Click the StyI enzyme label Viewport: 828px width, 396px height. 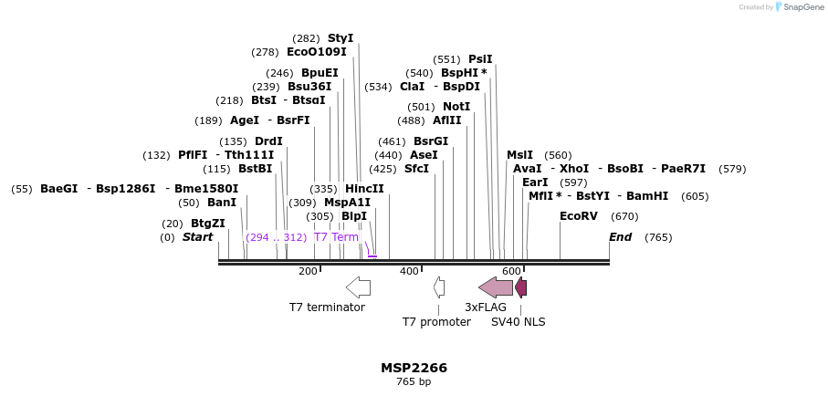340,38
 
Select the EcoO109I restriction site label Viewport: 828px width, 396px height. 316,53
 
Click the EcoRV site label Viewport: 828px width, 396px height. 578,216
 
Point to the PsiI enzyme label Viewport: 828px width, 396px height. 480,59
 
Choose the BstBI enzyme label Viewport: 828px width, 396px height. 255,169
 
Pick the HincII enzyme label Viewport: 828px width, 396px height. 364,189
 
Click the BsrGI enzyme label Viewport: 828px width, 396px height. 431,141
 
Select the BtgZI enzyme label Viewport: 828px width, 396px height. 207,224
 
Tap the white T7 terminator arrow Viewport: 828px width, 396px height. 358,287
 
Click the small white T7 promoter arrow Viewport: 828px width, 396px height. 439,287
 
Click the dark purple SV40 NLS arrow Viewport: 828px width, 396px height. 520,287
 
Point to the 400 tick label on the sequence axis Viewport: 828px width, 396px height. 409,271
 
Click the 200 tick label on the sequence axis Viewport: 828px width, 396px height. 308,271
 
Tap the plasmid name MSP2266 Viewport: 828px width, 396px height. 414,368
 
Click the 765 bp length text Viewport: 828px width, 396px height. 414,382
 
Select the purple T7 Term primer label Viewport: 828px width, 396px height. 336,237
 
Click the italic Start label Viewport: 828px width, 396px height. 197,237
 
